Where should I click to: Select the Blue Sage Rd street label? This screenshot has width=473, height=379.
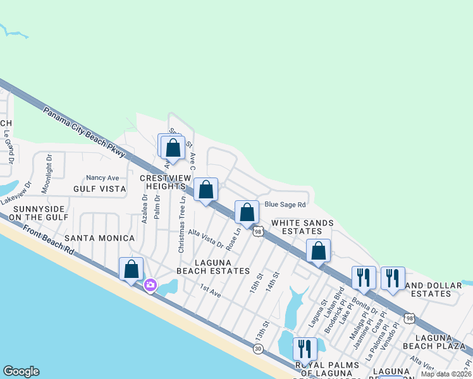point(285,205)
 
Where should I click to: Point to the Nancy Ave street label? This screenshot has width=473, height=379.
point(102,178)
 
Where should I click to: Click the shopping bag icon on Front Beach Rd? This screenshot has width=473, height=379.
point(131,270)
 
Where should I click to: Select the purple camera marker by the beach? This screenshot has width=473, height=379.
point(150,285)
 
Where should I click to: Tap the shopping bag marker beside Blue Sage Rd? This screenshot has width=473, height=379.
point(247,212)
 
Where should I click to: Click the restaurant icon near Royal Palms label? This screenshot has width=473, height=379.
point(305,349)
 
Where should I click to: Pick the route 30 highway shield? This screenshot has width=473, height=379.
point(258,348)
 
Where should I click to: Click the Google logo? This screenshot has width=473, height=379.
point(21,371)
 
